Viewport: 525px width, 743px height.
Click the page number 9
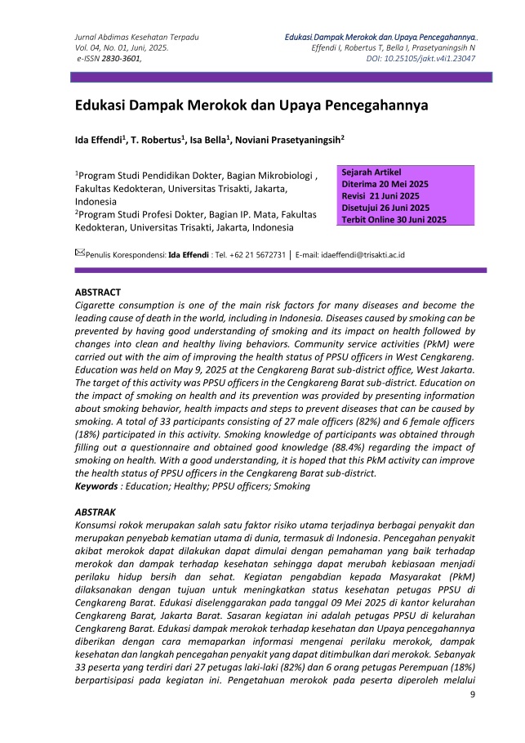(473, 695)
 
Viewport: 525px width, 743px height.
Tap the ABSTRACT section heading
(98, 292)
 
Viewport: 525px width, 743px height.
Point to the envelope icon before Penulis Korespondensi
(79, 253)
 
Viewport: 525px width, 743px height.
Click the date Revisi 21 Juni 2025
(380, 196)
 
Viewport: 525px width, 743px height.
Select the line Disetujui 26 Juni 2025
(386, 208)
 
